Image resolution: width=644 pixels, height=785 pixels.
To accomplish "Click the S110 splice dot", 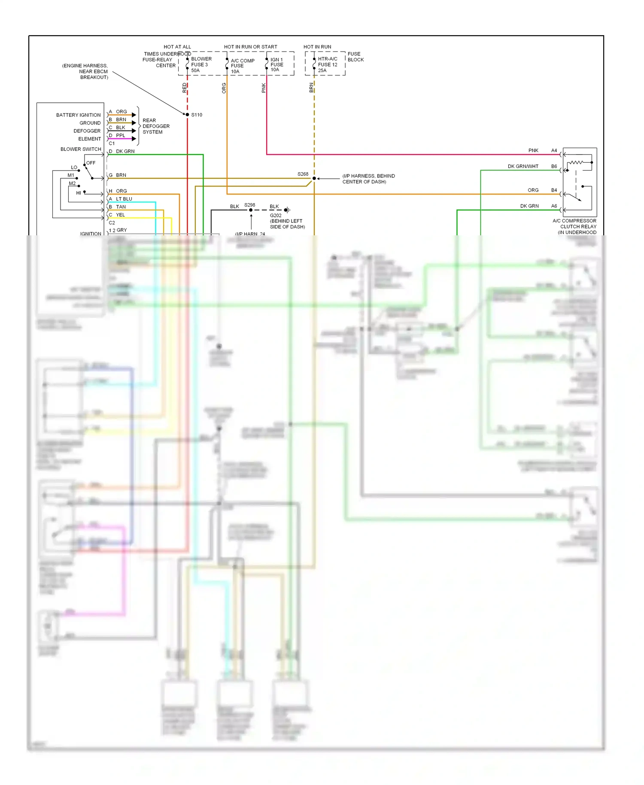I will [x=187, y=115].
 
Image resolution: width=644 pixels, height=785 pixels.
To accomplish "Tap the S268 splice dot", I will [x=314, y=178].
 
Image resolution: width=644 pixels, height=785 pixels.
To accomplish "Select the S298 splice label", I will [x=249, y=205].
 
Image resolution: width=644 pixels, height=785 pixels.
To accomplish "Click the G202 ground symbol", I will [x=287, y=210].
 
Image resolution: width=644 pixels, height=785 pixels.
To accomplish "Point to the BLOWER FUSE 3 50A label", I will [x=201, y=65].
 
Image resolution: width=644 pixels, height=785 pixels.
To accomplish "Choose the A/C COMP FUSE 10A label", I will [x=242, y=66].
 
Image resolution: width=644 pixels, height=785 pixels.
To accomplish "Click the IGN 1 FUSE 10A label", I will [x=276, y=65].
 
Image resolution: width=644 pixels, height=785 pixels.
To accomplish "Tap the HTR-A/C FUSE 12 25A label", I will [x=327, y=65].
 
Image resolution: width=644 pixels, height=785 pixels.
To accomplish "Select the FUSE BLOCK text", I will [x=355, y=57].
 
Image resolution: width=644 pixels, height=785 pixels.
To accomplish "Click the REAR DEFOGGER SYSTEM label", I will [x=156, y=126].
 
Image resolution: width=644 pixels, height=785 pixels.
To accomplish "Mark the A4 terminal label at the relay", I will [x=554, y=150].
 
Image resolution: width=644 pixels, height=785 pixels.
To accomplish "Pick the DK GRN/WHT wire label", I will [x=522, y=166].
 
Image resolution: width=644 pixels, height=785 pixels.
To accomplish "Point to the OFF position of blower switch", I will [x=91, y=163].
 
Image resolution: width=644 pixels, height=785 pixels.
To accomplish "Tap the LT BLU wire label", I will [x=124, y=199].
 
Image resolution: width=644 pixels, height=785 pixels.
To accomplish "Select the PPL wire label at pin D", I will [x=120, y=135].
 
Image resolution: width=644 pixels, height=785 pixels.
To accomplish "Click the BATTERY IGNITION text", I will [x=78, y=115].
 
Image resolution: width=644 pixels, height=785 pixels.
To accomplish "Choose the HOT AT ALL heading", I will [x=177, y=47].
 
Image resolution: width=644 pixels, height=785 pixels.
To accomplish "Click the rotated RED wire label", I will [x=185, y=88].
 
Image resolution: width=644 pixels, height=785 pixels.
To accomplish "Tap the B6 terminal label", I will [x=554, y=166].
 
